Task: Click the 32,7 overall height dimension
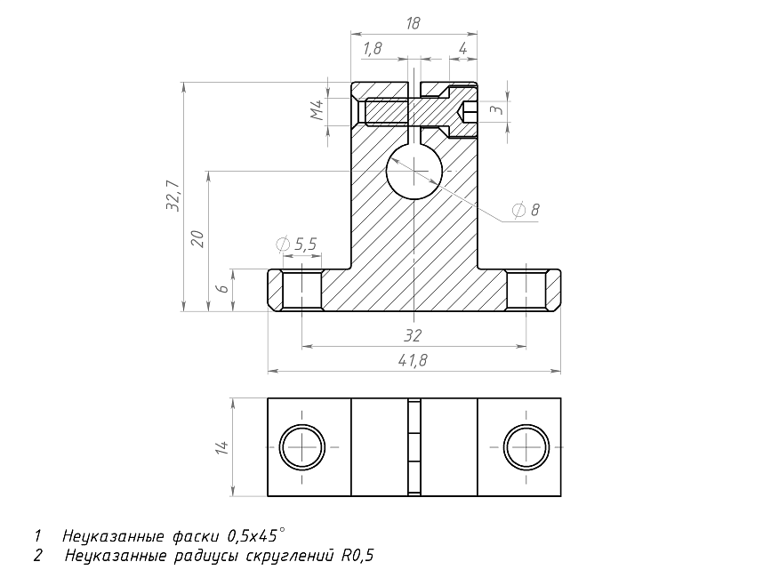pyautogui.click(x=173, y=197)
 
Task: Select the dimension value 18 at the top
pyautogui.click(x=413, y=23)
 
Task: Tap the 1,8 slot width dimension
pyautogui.click(x=373, y=49)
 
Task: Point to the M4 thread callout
pyautogui.click(x=317, y=110)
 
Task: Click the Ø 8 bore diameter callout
pyautogui.click(x=526, y=210)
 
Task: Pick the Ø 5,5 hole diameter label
pyautogui.click(x=297, y=244)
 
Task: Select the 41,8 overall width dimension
pyautogui.click(x=413, y=360)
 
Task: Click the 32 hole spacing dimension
pyautogui.click(x=413, y=336)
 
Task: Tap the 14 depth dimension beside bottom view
pyautogui.click(x=222, y=447)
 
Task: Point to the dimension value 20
pyautogui.click(x=197, y=238)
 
